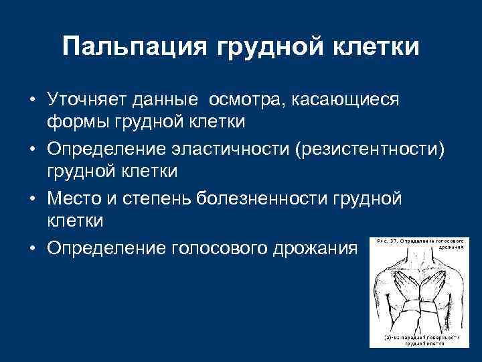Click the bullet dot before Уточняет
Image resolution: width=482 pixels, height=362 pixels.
tap(31, 101)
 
